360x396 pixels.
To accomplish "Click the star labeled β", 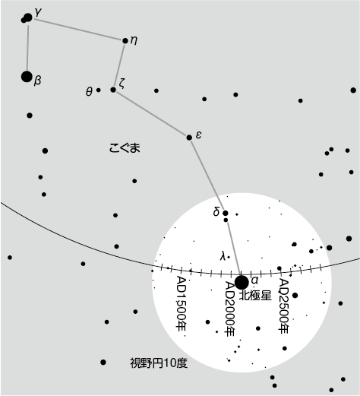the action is click(x=27, y=77).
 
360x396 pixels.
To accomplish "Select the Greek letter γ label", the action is click(x=38, y=12).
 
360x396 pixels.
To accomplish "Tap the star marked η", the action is click(x=125, y=40).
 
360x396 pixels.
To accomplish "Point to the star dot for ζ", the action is click(x=113, y=90).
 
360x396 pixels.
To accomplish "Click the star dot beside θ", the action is click(x=99, y=90).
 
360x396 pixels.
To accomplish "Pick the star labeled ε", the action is click(x=189, y=138).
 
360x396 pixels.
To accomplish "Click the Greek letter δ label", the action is click(x=216, y=212).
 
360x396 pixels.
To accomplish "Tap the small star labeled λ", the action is click(x=229, y=258).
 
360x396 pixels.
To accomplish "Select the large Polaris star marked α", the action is click(x=242, y=282).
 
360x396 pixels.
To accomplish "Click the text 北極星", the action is click(x=255, y=296).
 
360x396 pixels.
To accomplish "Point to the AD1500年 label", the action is click(x=182, y=303).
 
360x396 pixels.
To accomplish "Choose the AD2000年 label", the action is click(x=230, y=309).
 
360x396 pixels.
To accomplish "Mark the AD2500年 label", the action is click(x=283, y=306).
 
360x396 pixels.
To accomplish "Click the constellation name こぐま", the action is click(x=125, y=147).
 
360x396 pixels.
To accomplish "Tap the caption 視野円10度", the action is click(x=159, y=363).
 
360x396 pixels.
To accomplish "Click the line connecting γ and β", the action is click(x=27, y=48).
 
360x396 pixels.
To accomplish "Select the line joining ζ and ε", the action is click(x=151, y=113).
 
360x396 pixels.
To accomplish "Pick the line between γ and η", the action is click(x=78, y=30).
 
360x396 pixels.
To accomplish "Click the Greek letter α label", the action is click(x=254, y=280).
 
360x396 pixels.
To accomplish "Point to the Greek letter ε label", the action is click(x=198, y=135).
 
